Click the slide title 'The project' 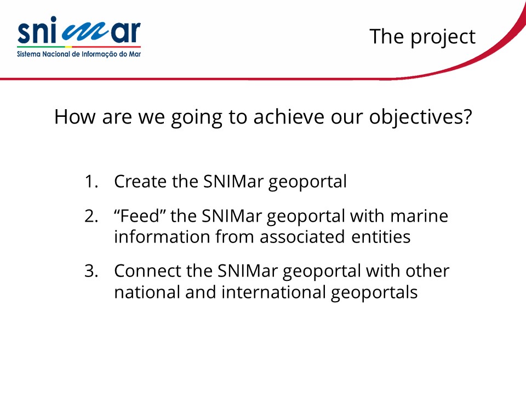coord(422,37)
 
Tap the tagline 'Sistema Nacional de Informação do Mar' coord(79,54)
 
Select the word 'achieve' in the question coord(289,116)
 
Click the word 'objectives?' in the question coord(421,117)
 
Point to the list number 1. coord(91,182)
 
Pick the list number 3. coord(92,271)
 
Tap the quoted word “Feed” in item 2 coord(140,216)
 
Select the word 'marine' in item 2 coord(419,216)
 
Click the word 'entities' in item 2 coord(381,236)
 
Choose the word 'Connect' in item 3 coord(147,270)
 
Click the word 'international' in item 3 coord(273,292)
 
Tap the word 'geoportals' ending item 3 coord(374,293)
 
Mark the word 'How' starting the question coord(75,117)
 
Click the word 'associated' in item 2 coord(302,236)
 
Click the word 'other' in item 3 coord(427,270)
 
